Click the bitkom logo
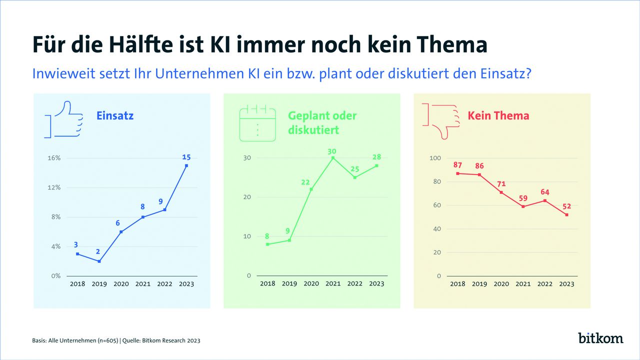click(600, 338)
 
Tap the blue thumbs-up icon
click(63, 119)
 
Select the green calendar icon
click(257, 123)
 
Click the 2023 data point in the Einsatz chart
click(186, 165)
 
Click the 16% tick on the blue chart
click(53, 158)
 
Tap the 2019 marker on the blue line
click(99, 261)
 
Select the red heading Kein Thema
click(498, 116)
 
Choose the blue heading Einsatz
click(115, 116)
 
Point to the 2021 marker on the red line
click(523, 206)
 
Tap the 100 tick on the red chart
click(435, 158)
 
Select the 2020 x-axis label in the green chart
click(311, 284)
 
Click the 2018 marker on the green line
click(267, 244)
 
